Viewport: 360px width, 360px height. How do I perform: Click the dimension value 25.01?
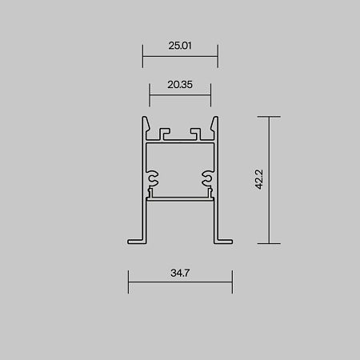click(x=180, y=46)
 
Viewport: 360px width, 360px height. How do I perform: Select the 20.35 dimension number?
click(x=180, y=85)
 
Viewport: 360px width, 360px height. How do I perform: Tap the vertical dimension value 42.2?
click(x=259, y=179)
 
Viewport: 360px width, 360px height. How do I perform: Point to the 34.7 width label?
click(x=180, y=273)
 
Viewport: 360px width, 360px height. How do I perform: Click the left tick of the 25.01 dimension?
click(x=142, y=56)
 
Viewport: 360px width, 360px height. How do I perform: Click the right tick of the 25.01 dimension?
click(x=218, y=56)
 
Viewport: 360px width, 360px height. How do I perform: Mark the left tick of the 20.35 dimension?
click(x=150, y=95)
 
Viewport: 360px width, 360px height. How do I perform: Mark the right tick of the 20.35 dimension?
click(x=210, y=95)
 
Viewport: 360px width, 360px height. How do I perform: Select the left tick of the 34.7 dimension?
click(x=128, y=282)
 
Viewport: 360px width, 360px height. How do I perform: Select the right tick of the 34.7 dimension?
click(x=232, y=282)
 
